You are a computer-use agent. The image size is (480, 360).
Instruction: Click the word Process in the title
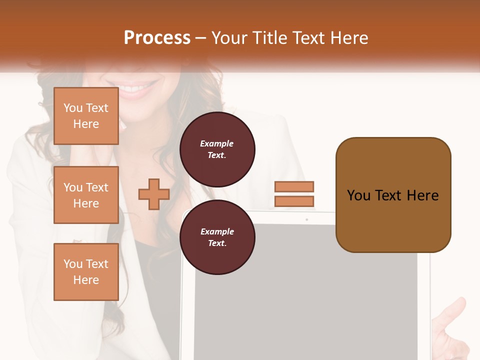(157, 38)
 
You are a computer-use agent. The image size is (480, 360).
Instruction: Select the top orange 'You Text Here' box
(86, 116)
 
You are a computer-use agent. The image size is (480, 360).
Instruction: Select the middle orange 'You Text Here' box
(86, 195)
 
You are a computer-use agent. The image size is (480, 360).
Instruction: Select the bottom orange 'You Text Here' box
(86, 271)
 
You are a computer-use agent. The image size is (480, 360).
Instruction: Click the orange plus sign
(153, 194)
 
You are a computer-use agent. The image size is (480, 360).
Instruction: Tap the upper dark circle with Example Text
(217, 149)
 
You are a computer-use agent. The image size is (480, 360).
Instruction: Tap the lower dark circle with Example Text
(217, 237)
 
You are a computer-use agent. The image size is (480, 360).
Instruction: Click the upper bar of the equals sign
(294, 186)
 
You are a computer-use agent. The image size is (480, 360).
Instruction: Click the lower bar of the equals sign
(294, 201)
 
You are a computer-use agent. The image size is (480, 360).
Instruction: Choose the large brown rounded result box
(393, 225)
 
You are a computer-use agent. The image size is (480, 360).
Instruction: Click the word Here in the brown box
(422, 195)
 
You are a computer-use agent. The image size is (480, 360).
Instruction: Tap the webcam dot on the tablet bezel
(306, 219)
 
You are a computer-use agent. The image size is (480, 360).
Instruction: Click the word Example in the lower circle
(217, 231)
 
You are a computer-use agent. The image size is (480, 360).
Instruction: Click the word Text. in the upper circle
(217, 155)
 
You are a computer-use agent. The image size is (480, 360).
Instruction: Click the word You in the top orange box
(72, 108)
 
